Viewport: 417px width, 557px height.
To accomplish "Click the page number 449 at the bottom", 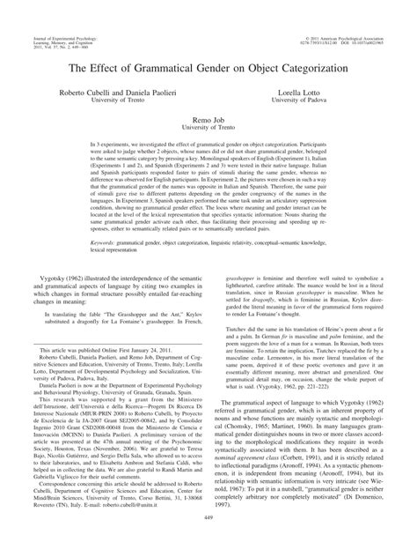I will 208,543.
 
